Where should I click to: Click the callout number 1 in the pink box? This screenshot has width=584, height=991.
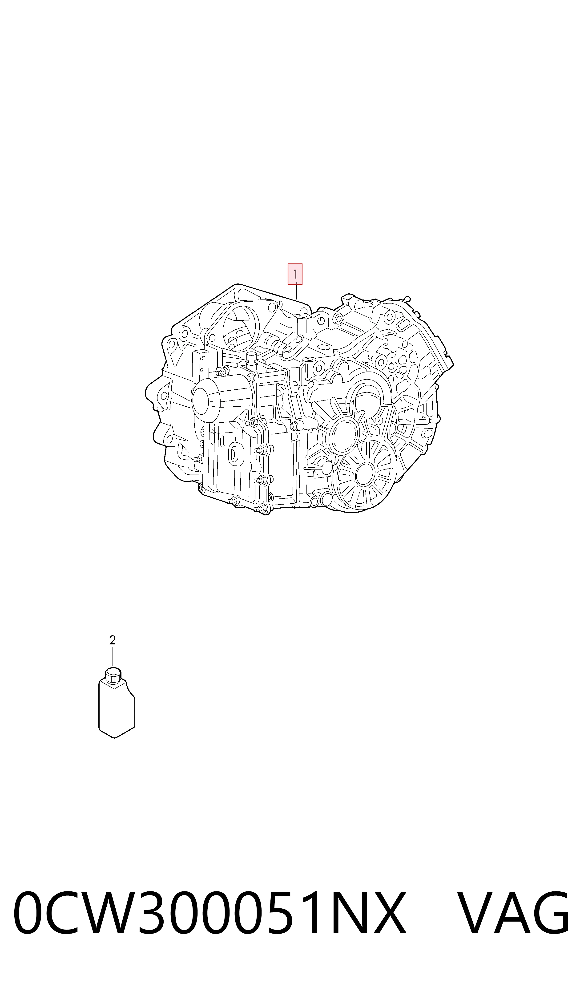[295, 274]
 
